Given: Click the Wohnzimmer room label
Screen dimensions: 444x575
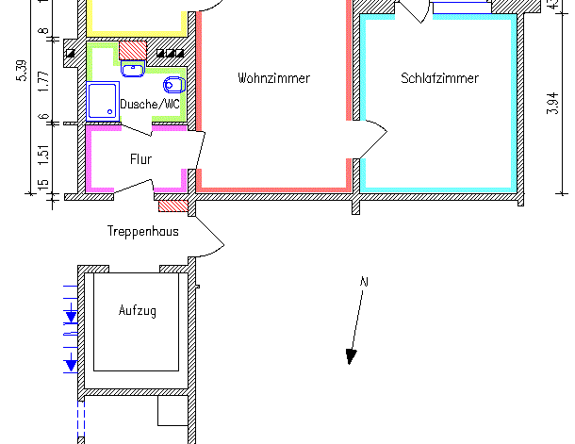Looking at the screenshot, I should [x=273, y=78].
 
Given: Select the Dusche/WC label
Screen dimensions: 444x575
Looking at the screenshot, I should [x=150, y=105].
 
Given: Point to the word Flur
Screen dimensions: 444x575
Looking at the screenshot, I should [x=140, y=159].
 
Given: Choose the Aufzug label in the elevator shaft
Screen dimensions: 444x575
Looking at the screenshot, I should [x=138, y=310].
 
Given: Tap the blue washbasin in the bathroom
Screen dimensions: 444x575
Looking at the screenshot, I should [x=133, y=67].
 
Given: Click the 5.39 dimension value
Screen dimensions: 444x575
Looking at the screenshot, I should [x=22, y=73].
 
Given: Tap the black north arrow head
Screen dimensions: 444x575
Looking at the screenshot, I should [x=351, y=355].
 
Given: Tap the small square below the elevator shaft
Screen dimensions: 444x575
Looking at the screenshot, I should [x=171, y=411].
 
